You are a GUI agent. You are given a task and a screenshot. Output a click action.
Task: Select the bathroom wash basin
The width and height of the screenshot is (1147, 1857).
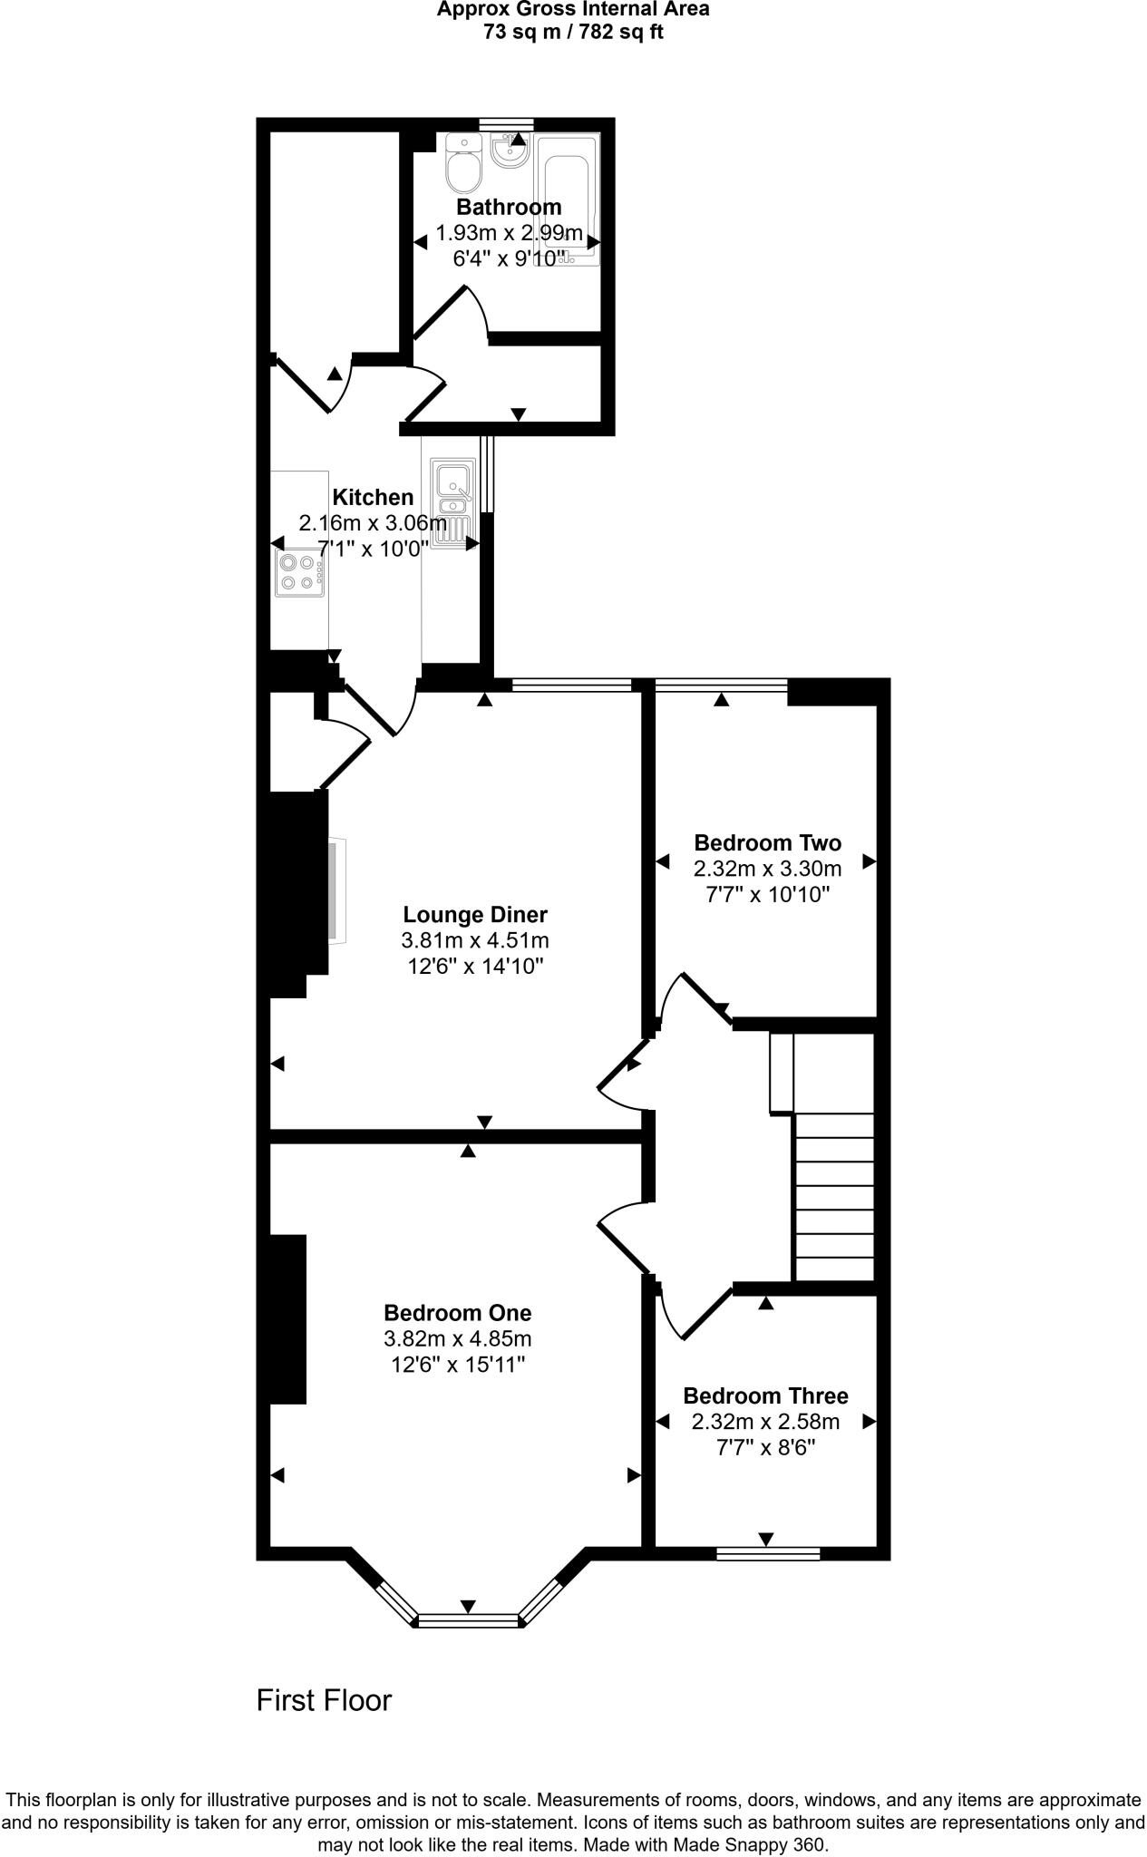click(510, 151)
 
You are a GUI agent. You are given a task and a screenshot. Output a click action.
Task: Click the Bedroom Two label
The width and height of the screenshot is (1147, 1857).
click(767, 842)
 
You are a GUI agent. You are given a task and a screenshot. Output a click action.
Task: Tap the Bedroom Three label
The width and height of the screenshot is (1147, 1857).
click(765, 1395)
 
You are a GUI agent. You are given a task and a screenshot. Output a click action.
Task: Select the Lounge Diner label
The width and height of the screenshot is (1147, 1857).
click(475, 914)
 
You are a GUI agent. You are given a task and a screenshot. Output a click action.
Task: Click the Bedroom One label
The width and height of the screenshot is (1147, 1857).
click(457, 1312)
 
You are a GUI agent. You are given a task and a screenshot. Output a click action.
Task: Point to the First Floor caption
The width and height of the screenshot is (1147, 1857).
click(324, 1699)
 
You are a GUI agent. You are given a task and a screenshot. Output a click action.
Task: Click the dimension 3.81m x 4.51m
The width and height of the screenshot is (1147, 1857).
click(475, 940)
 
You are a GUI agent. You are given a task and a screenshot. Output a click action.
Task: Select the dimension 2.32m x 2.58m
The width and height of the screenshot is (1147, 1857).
click(765, 1422)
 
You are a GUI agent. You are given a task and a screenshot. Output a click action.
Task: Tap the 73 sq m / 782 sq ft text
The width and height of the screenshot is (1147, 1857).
click(573, 34)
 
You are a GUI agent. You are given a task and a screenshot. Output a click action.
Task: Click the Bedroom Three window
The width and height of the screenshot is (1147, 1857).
click(768, 1554)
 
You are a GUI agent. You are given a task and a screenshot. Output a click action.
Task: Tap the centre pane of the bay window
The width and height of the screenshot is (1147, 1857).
click(468, 1621)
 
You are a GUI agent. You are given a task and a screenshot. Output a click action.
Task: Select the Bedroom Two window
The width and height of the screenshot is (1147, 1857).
click(722, 685)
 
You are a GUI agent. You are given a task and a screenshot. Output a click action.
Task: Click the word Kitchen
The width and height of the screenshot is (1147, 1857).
click(373, 497)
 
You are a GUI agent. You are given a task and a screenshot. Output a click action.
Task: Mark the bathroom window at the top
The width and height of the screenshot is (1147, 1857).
click(506, 124)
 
